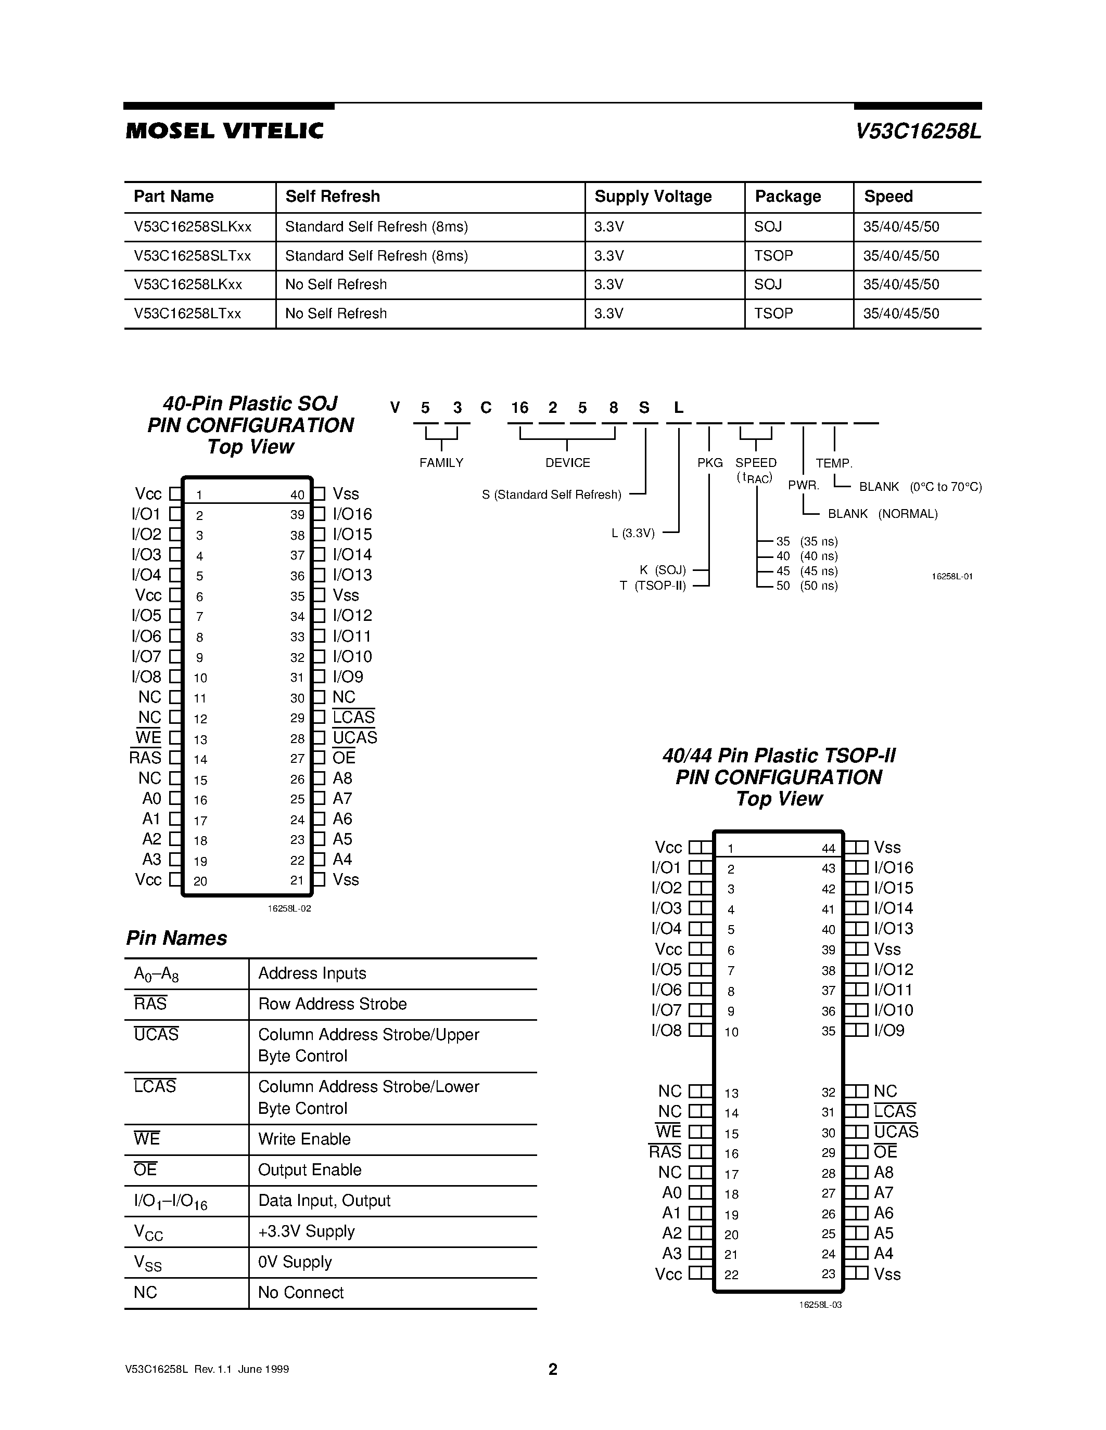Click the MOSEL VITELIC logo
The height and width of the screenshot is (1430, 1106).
pyautogui.click(x=224, y=131)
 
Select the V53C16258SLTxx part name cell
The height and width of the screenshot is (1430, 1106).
pyautogui.click(x=192, y=256)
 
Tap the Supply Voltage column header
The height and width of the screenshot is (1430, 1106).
pyautogui.click(x=653, y=197)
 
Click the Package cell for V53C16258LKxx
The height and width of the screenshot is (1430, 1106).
pyautogui.click(x=768, y=284)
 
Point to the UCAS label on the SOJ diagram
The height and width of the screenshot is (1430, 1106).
pyautogui.click(x=354, y=738)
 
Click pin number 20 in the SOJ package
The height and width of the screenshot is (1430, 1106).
pyautogui.click(x=200, y=881)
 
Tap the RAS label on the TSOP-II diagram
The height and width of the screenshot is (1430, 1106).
pyautogui.click(x=665, y=1152)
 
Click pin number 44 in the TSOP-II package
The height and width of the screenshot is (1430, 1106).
pyautogui.click(x=828, y=849)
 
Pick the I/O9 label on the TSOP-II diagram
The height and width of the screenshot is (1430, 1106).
pyautogui.click(x=889, y=1031)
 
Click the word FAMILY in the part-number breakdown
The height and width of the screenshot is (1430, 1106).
pyautogui.click(x=441, y=463)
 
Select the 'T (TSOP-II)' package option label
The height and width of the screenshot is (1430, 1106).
pyautogui.click(x=653, y=586)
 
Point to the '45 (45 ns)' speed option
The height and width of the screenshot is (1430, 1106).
pyautogui.click(x=807, y=571)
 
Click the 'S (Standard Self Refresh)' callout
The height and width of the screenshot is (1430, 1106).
pyautogui.click(x=551, y=495)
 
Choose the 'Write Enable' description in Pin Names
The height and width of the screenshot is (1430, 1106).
pyautogui.click(x=304, y=1139)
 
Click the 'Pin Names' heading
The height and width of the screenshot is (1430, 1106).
pyautogui.click(x=176, y=938)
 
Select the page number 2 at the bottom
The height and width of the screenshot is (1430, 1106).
pyautogui.click(x=552, y=1369)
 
